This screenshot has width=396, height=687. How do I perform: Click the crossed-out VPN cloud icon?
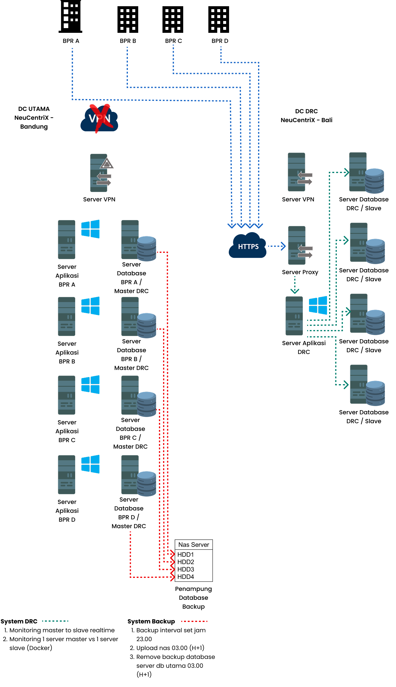click(99, 119)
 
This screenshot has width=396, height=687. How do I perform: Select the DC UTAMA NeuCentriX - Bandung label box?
click(34, 118)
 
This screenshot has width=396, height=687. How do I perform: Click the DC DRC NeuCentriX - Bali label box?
click(306, 116)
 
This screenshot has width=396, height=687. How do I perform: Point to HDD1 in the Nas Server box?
click(186, 555)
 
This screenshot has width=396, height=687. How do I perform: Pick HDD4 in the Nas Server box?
click(186, 577)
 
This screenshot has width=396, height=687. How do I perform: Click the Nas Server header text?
click(194, 545)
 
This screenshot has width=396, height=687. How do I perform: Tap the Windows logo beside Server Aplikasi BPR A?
click(90, 229)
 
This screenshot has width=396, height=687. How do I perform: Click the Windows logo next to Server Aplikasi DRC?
click(318, 305)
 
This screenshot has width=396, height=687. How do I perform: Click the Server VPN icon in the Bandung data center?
click(101, 173)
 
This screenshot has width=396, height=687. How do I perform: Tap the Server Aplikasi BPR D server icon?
click(67, 474)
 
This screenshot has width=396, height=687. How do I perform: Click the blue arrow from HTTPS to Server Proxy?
click(277, 246)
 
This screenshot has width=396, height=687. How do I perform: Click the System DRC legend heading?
click(19, 621)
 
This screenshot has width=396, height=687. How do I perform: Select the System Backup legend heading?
click(151, 621)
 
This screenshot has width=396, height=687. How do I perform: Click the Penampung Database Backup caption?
click(194, 597)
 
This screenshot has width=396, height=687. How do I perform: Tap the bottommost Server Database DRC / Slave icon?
click(367, 385)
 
